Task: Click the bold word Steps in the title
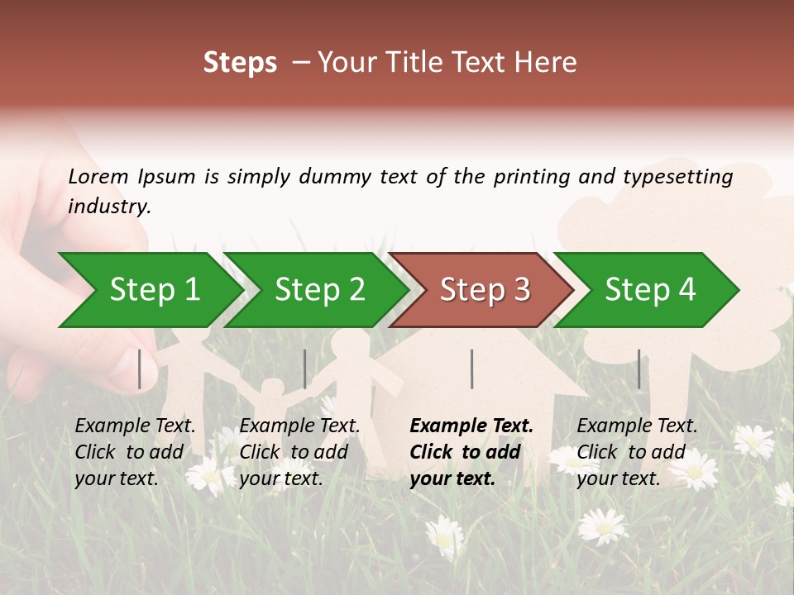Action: point(240,63)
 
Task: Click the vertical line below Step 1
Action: point(140,369)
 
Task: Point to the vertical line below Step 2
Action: point(305,369)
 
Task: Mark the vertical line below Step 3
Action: point(471,369)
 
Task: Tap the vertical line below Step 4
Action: point(639,369)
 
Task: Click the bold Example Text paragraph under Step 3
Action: point(471,452)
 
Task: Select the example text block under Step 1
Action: point(135,452)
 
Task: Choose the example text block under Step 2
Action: point(299,452)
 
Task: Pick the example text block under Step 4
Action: point(637,452)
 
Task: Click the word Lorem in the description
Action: point(98,176)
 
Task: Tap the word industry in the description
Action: point(109,207)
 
